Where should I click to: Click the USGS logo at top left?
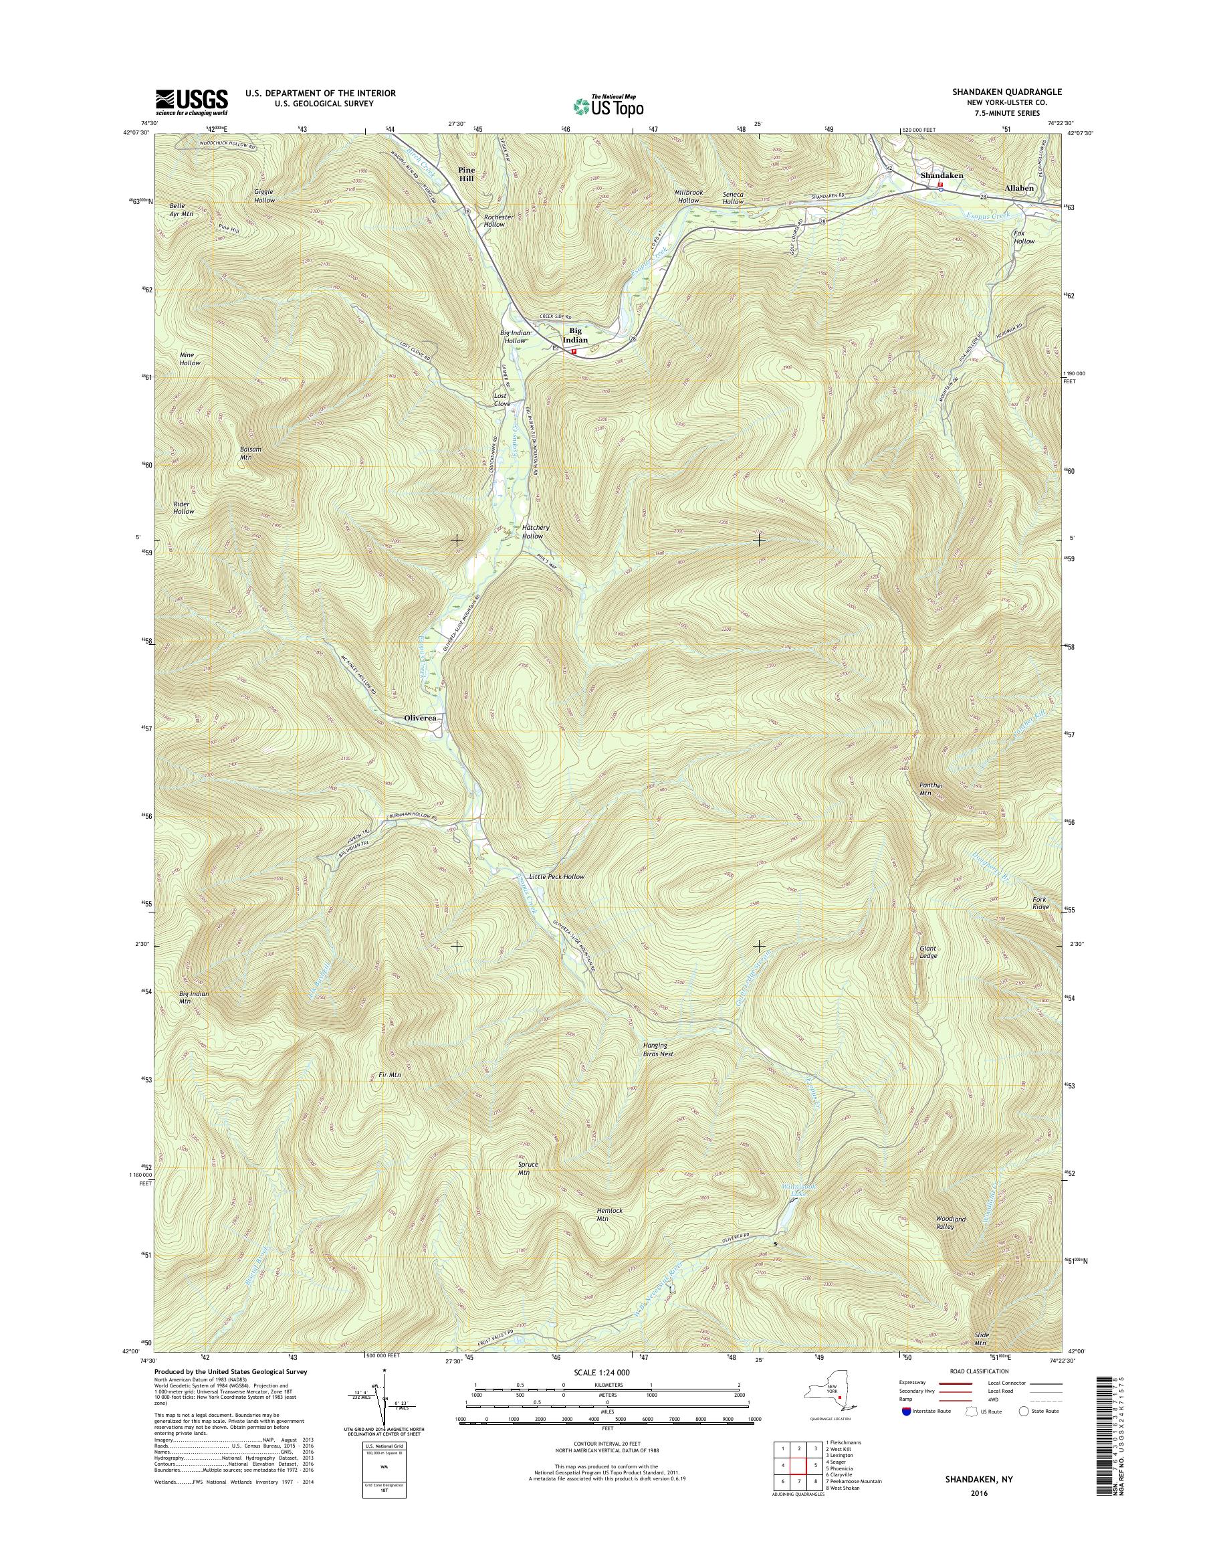pyautogui.click(x=192, y=102)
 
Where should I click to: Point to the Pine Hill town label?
pyautogui.click(x=467, y=175)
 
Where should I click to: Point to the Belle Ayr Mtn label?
pyautogui.click(x=181, y=209)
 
